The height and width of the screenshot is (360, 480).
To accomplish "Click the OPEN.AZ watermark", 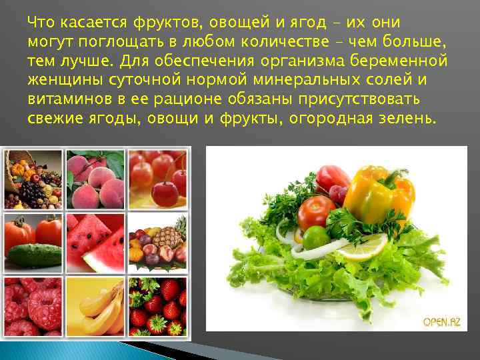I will click(x=441, y=322).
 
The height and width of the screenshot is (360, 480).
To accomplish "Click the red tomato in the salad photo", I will click(x=316, y=212).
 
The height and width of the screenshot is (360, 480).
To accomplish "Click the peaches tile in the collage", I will click(x=95, y=179).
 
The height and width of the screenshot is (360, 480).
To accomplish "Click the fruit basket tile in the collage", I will click(x=33, y=179).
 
